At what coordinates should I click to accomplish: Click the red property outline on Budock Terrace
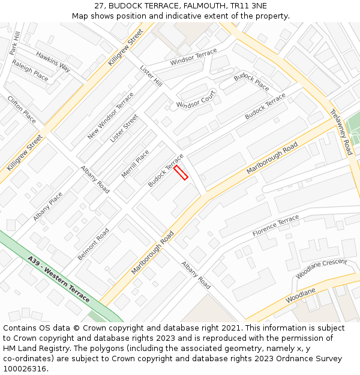pyautogui.click(x=181, y=173)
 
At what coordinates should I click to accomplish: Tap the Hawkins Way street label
pyautogui.click(x=53, y=62)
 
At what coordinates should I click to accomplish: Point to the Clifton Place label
pyautogui.click(x=22, y=109)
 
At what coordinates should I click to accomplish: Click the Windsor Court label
pyautogui.click(x=196, y=100)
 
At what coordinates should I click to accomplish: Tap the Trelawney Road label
pyautogui.click(x=341, y=131)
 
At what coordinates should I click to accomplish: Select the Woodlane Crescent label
pyautogui.click(x=322, y=269)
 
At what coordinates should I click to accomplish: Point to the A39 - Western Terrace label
pyautogui.click(x=58, y=279)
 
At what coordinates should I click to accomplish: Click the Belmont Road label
pyautogui.click(x=93, y=244)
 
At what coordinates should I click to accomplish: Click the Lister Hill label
pyautogui.click(x=151, y=76)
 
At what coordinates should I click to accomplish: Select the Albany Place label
pyautogui.click(x=48, y=206)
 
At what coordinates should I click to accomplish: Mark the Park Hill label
pyautogui.click(x=15, y=43)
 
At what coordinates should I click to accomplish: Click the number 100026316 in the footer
pyautogui.click(x=24, y=368)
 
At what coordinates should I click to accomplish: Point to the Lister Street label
pyautogui.click(x=124, y=128)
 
